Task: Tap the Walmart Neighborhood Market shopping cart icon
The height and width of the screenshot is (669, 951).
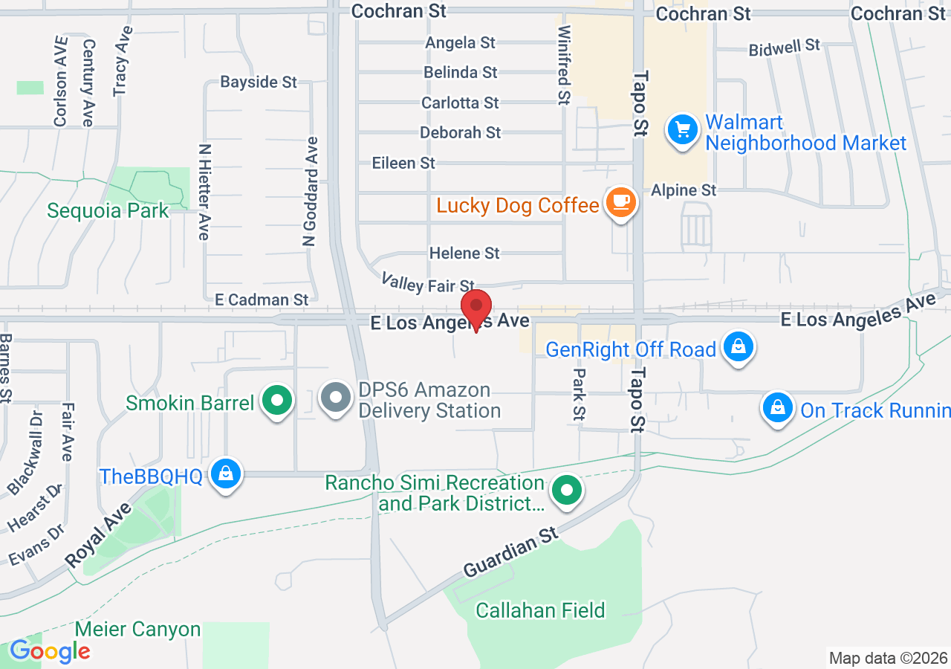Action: [683, 130]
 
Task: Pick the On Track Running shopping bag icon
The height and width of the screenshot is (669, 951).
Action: [777, 407]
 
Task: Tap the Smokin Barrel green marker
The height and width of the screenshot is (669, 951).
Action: [278, 401]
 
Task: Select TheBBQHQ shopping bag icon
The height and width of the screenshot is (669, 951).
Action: [225, 473]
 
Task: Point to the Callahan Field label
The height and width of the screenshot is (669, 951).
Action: [540, 611]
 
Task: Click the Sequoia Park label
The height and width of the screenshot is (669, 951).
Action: [108, 210]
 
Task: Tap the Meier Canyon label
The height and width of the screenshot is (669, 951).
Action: [138, 630]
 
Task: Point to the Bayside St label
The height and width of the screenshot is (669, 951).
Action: [259, 82]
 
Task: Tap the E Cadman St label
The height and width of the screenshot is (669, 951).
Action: [261, 300]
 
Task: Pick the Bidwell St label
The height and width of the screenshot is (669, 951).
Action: [784, 48]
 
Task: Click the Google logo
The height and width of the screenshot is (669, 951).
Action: [50, 652]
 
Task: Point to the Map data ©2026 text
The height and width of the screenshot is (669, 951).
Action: [889, 658]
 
